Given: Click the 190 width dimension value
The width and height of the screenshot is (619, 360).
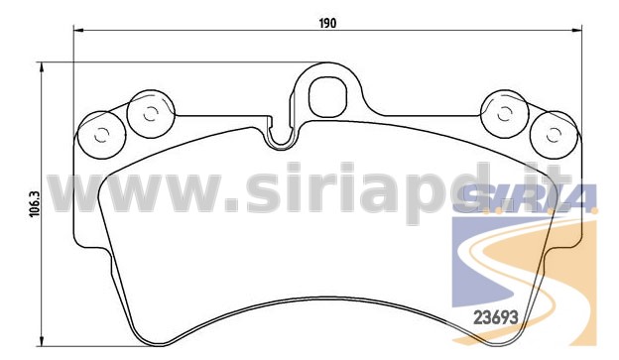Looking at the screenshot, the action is click(327, 23).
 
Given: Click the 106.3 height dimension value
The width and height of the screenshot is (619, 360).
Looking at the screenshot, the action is click(35, 203).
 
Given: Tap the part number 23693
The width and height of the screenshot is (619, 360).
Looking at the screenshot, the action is click(495, 317).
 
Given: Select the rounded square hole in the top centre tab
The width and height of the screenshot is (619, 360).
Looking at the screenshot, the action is click(327, 97).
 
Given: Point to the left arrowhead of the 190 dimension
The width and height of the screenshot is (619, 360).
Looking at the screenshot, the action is click(78, 30).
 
